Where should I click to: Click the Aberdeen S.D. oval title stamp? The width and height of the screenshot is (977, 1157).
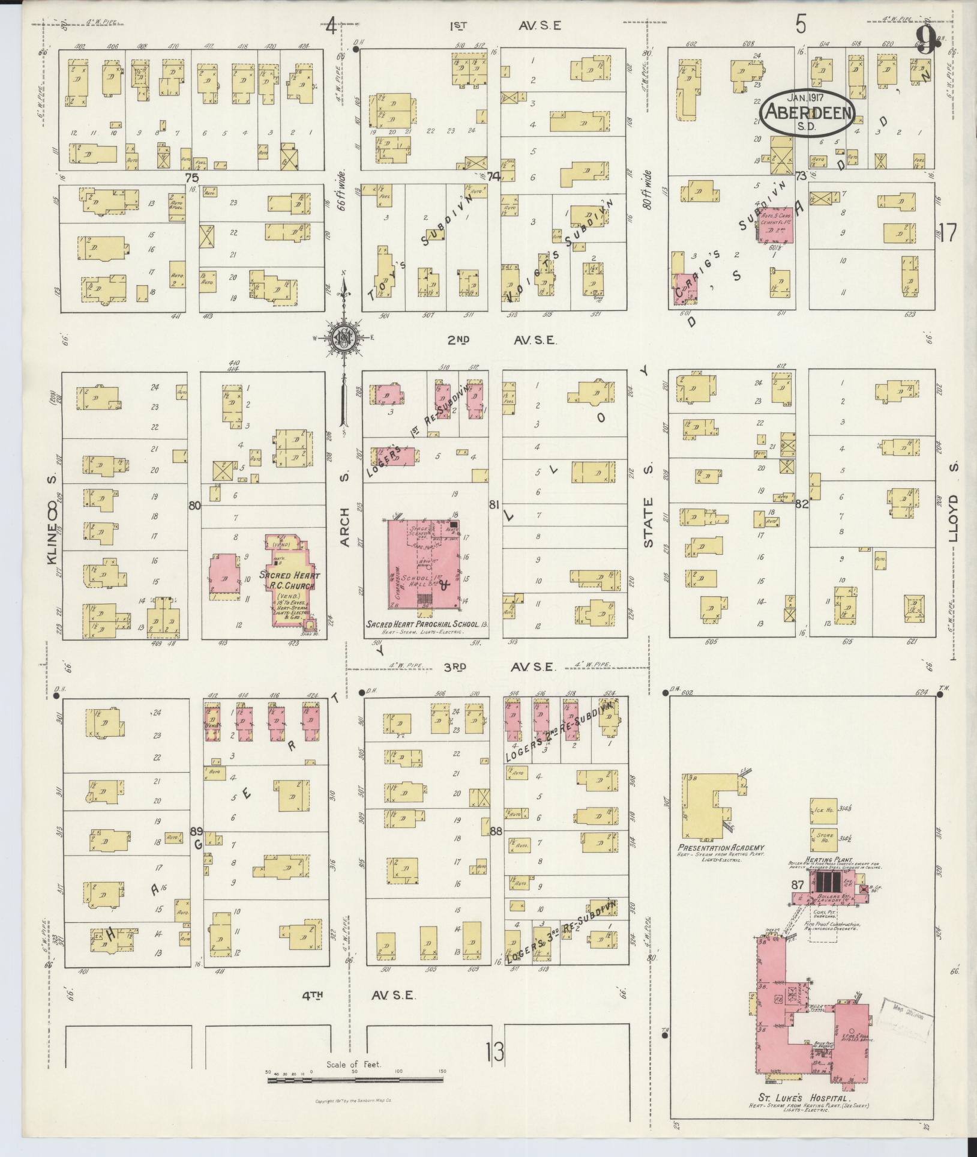coord(805,112)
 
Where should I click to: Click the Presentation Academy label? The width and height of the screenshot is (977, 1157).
coord(712,848)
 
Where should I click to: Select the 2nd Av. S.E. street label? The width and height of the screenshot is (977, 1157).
coord(502,340)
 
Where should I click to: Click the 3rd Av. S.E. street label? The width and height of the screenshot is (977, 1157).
coord(502,666)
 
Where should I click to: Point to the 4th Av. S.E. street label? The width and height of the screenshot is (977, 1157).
coord(358,994)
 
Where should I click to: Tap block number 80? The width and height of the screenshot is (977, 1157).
coord(193,506)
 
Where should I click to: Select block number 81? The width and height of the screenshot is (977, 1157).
coord(494,505)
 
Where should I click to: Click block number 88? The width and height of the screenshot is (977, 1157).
coord(496,832)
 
